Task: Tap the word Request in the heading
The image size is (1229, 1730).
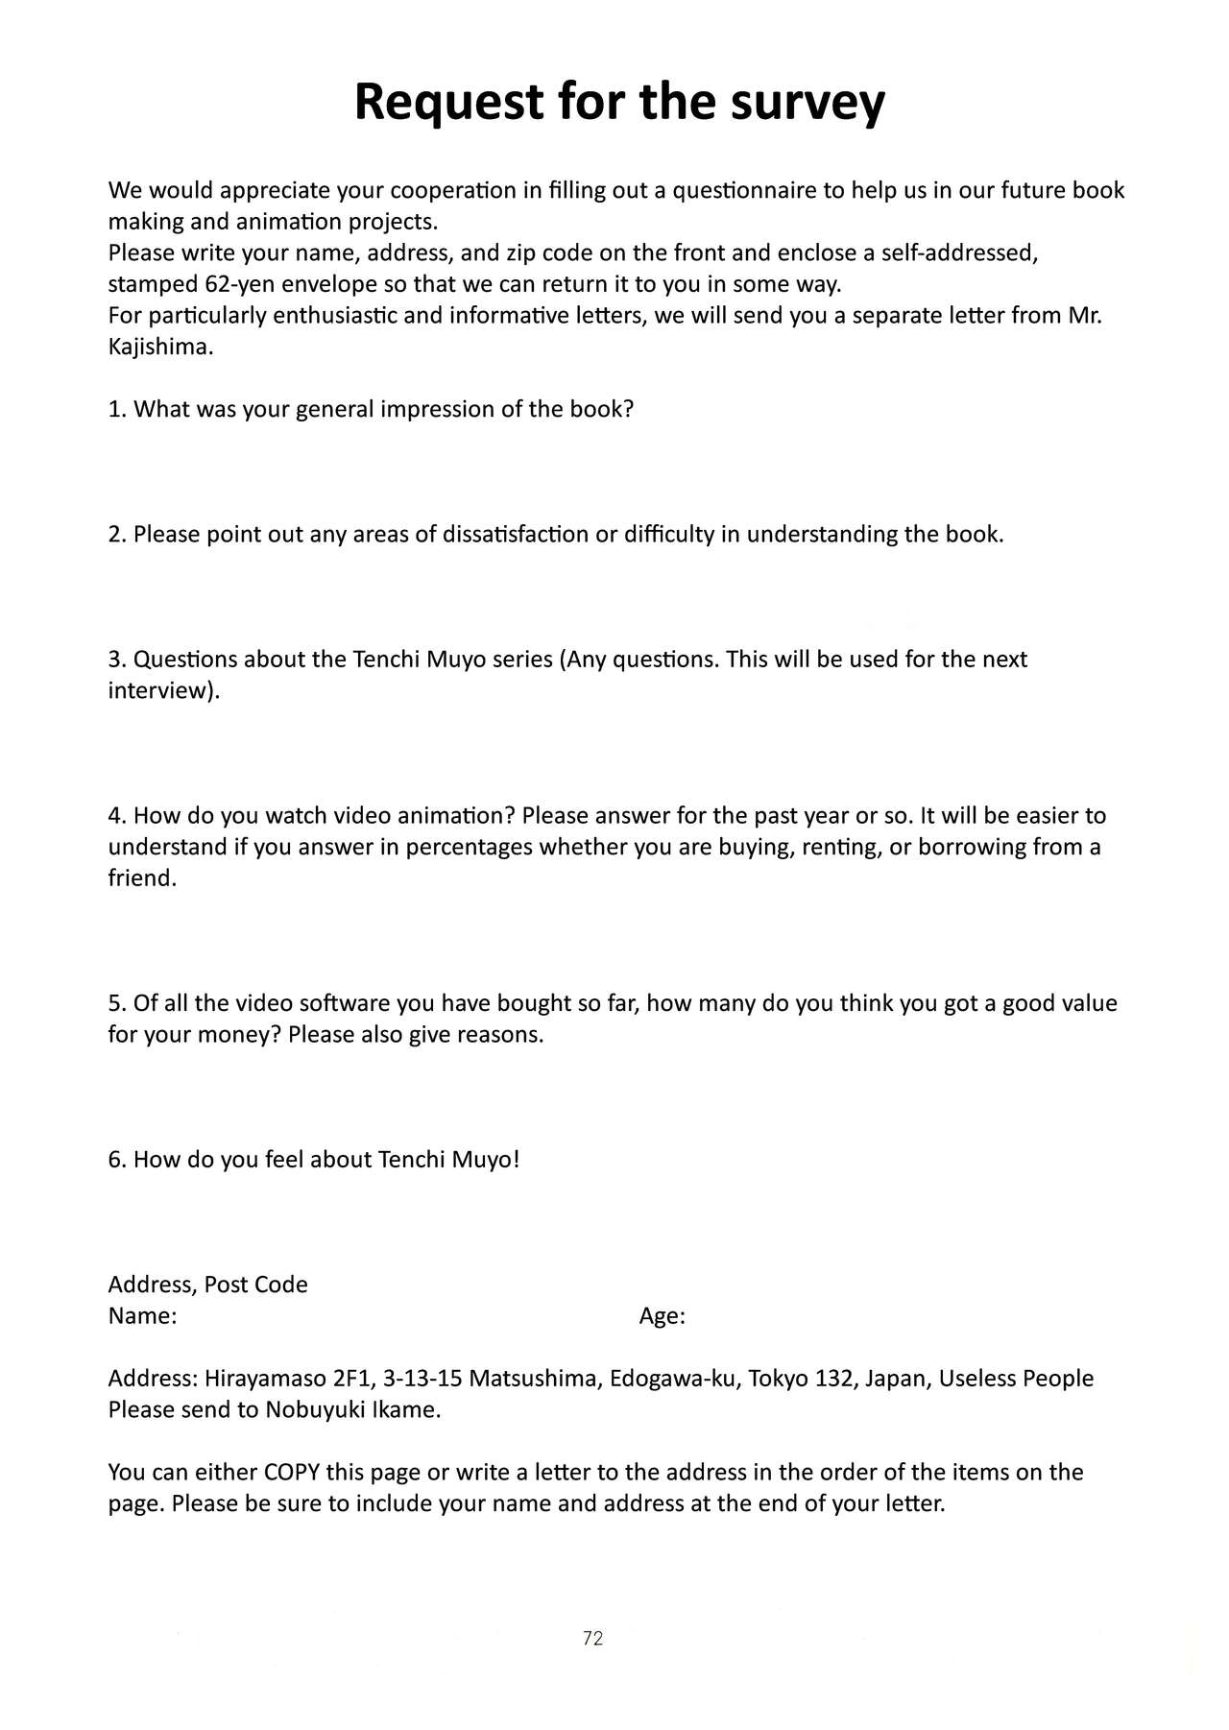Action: (448, 102)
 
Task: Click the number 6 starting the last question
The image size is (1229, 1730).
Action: (114, 1160)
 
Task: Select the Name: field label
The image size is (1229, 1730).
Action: (142, 1316)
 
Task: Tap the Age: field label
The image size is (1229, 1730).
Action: (662, 1316)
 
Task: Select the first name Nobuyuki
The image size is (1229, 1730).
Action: (311, 1410)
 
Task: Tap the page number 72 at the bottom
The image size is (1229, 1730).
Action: (592, 1639)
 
